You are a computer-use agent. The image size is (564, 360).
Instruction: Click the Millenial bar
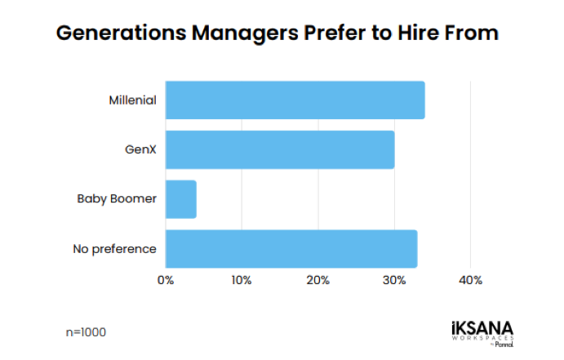point(295,100)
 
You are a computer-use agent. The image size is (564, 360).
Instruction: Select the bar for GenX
point(280,149)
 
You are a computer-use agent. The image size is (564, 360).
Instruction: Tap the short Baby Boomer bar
point(181,199)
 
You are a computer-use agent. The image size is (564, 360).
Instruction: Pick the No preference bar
point(291,249)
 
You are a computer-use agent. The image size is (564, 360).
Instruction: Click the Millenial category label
point(132,100)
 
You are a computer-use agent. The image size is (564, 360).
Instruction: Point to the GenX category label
point(140,150)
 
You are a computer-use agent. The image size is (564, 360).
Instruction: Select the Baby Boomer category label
point(117,199)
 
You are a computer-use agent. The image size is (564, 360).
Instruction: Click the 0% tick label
point(166,280)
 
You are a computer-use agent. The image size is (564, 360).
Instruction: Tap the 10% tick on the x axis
point(242,280)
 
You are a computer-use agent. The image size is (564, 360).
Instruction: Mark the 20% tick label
point(318,280)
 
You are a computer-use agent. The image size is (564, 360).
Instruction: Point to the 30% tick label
point(394,280)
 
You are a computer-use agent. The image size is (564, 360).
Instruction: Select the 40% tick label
point(471,280)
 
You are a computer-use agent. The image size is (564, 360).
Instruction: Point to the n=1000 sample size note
point(86,332)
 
